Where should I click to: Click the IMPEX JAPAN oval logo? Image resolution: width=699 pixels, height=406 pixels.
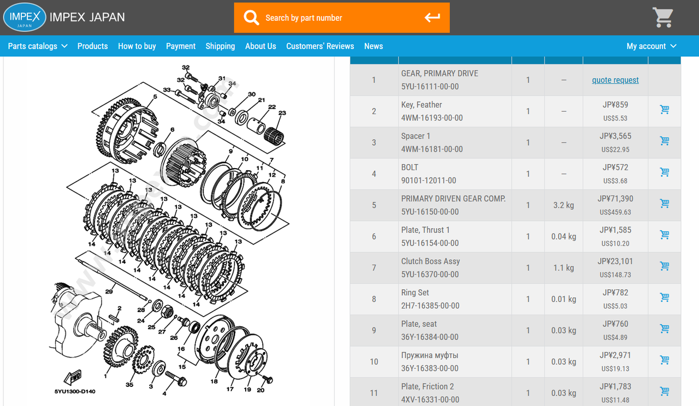[x=25, y=17]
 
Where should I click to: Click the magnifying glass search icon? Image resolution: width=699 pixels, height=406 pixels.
[x=251, y=17]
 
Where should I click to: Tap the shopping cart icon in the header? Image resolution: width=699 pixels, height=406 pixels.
[x=662, y=17]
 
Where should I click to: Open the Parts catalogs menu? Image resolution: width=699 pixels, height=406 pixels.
[x=38, y=46]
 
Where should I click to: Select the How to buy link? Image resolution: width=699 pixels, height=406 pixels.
[x=137, y=46]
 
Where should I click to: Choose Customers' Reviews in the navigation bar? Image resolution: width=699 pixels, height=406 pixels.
[x=320, y=46]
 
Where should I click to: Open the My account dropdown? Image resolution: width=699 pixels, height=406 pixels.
[x=651, y=46]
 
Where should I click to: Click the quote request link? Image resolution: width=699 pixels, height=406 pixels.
[x=615, y=80]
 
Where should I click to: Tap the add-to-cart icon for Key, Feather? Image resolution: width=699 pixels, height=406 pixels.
[x=665, y=110]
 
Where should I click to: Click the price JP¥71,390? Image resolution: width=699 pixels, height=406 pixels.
[x=615, y=199]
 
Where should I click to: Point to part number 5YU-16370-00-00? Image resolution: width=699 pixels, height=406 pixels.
[x=430, y=274]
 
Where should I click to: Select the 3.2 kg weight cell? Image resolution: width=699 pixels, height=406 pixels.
[x=564, y=205]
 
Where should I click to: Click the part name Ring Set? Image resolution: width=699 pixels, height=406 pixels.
[x=414, y=292]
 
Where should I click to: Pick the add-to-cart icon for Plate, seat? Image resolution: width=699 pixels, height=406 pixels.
[x=665, y=329]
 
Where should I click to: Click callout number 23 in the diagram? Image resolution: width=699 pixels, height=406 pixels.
[x=282, y=113]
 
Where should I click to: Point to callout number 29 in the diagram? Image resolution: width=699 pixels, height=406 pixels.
[x=109, y=291]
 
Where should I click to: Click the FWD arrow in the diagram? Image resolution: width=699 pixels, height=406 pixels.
[x=73, y=377]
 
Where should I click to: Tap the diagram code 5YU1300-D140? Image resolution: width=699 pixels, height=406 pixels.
[x=75, y=391]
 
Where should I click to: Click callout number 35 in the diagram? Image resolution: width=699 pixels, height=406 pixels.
[x=129, y=385]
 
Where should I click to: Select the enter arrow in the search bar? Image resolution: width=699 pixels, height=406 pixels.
[x=432, y=17]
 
